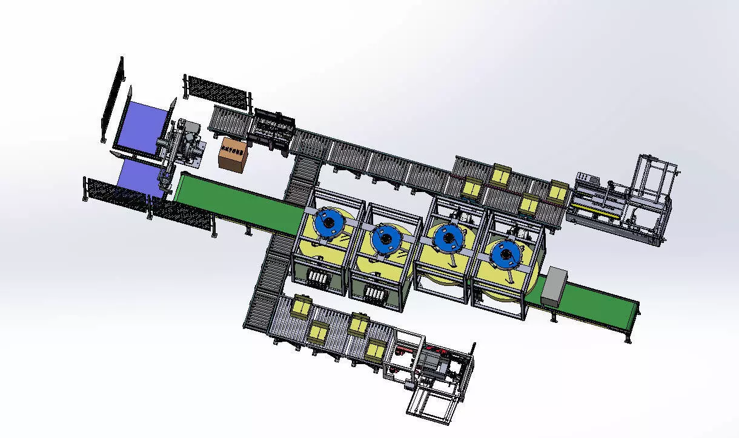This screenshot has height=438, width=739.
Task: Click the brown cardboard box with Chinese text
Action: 233,154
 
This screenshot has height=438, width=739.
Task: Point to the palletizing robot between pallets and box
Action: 182,148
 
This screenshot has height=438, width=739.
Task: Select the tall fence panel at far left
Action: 112,100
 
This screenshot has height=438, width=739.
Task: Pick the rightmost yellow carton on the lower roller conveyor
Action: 376,350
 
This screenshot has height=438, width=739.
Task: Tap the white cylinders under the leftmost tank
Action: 319,280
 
